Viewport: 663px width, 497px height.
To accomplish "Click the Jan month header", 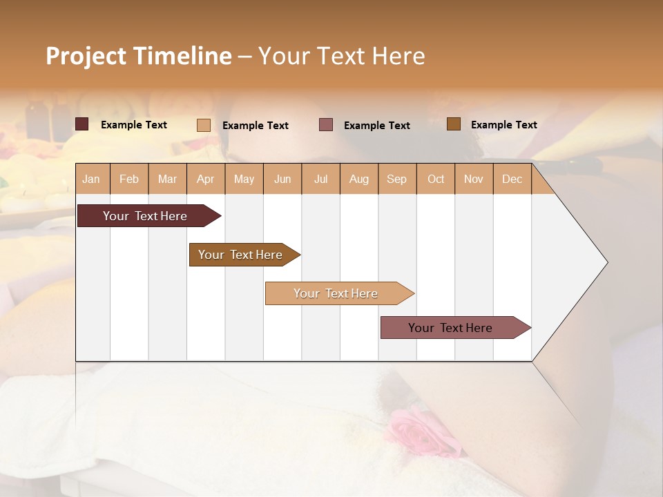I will coord(91,179).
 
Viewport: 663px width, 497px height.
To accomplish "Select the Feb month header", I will coord(129,179).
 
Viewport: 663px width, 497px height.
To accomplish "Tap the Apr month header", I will coord(206,179).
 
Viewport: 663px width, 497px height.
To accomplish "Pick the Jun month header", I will coord(282,179).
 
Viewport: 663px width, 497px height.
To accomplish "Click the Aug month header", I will coord(359,179).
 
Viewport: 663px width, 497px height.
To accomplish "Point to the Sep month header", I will coord(396,179).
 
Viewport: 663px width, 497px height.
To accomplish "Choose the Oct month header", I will coord(436,179).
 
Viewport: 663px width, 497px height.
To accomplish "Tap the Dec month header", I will coord(512,179).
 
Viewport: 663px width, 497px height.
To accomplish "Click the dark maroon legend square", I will coord(82,124).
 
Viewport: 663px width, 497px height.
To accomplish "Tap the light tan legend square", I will coord(204,125).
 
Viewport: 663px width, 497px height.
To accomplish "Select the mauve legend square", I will coord(326,125).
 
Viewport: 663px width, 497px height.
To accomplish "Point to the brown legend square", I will coord(453,124).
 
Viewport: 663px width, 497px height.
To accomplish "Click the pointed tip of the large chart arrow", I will coord(606,262).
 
